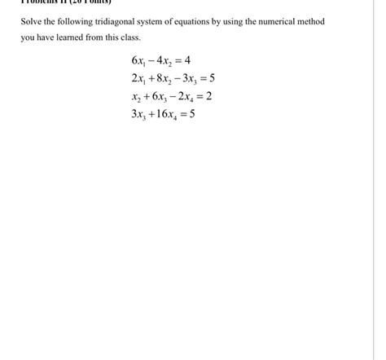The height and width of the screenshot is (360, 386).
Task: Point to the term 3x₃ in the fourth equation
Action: [138, 114]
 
